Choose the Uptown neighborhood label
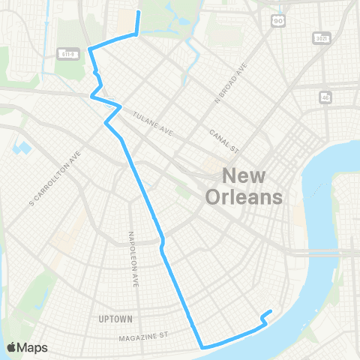[115, 319]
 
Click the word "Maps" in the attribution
[33, 347]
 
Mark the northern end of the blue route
[138, 13]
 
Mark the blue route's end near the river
[271, 312]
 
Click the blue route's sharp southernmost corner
[202, 347]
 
